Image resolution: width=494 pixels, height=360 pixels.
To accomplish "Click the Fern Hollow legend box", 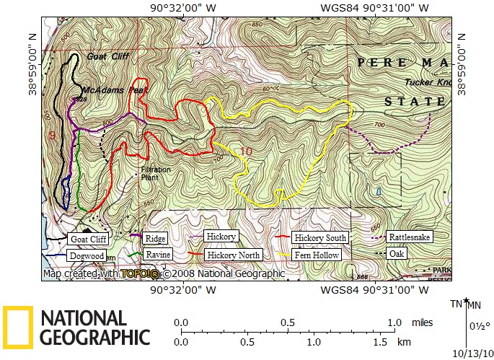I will [x=317, y=255].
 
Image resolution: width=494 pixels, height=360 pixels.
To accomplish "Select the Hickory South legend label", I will [x=321, y=237].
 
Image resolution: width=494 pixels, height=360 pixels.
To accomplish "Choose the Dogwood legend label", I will [x=87, y=255].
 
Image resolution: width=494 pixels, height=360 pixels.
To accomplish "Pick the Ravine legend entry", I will [x=157, y=255].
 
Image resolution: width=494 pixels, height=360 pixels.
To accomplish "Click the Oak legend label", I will [x=396, y=254].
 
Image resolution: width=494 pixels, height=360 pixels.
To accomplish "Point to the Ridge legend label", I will [x=154, y=238].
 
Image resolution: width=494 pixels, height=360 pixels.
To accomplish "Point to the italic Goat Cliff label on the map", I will [x=106, y=56].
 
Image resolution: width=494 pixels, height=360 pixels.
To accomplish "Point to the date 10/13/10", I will [x=472, y=353].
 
